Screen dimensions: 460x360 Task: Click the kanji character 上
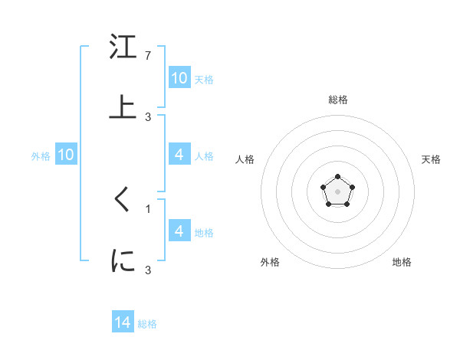click(x=123, y=106)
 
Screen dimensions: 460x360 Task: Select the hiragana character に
click(x=123, y=260)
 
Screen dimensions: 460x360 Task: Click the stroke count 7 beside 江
click(x=148, y=56)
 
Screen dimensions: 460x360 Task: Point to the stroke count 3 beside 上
click(x=148, y=116)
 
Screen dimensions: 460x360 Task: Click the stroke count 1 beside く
click(x=148, y=208)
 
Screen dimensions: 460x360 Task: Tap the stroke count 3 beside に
click(x=148, y=270)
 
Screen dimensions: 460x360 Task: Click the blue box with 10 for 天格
click(x=179, y=78)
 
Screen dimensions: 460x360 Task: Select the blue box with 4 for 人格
click(x=179, y=155)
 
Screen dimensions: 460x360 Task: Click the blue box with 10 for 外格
click(x=66, y=155)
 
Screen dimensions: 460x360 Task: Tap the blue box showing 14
click(x=123, y=323)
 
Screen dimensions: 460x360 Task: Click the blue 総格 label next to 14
click(x=147, y=324)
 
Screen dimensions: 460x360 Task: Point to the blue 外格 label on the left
click(x=41, y=155)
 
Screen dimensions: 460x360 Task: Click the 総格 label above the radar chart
click(x=337, y=100)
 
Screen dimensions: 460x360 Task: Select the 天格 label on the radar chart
click(x=431, y=159)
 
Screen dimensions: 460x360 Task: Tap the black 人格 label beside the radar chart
click(x=245, y=159)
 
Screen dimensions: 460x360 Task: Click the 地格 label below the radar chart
click(x=402, y=262)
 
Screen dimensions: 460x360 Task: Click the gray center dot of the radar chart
click(x=337, y=191)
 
